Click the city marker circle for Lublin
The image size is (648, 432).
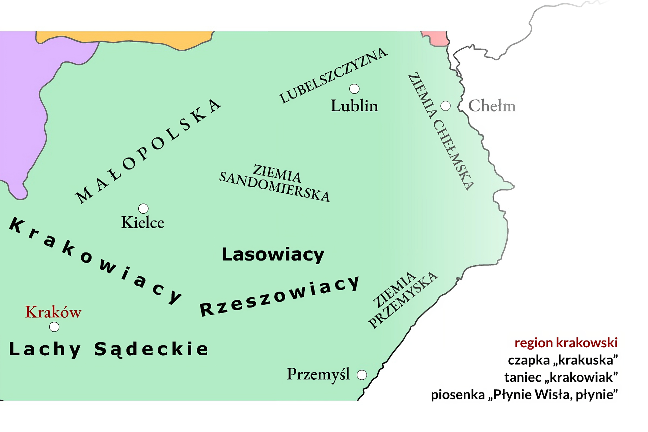tap(354, 89)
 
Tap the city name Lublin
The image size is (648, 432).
tap(354, 106)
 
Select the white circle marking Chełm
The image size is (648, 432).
tap(446, 106)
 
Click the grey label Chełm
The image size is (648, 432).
tap(492, 106)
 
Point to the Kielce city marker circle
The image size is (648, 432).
tap(143, 208)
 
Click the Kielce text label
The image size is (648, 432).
tap(142, 223)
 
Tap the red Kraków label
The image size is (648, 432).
tap(53, 312)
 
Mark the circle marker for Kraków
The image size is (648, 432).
tap(54, 327)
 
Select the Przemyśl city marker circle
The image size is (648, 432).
tap(362, 375)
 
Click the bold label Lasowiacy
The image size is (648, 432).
tap(273, 254)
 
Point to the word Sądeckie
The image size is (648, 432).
tap(151, 349)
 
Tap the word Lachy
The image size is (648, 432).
tap(45, 349)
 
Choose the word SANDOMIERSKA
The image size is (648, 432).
tap(274, 187)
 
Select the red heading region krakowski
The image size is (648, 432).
tap(566, 343)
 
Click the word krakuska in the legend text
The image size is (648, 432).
tap(586, 360)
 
